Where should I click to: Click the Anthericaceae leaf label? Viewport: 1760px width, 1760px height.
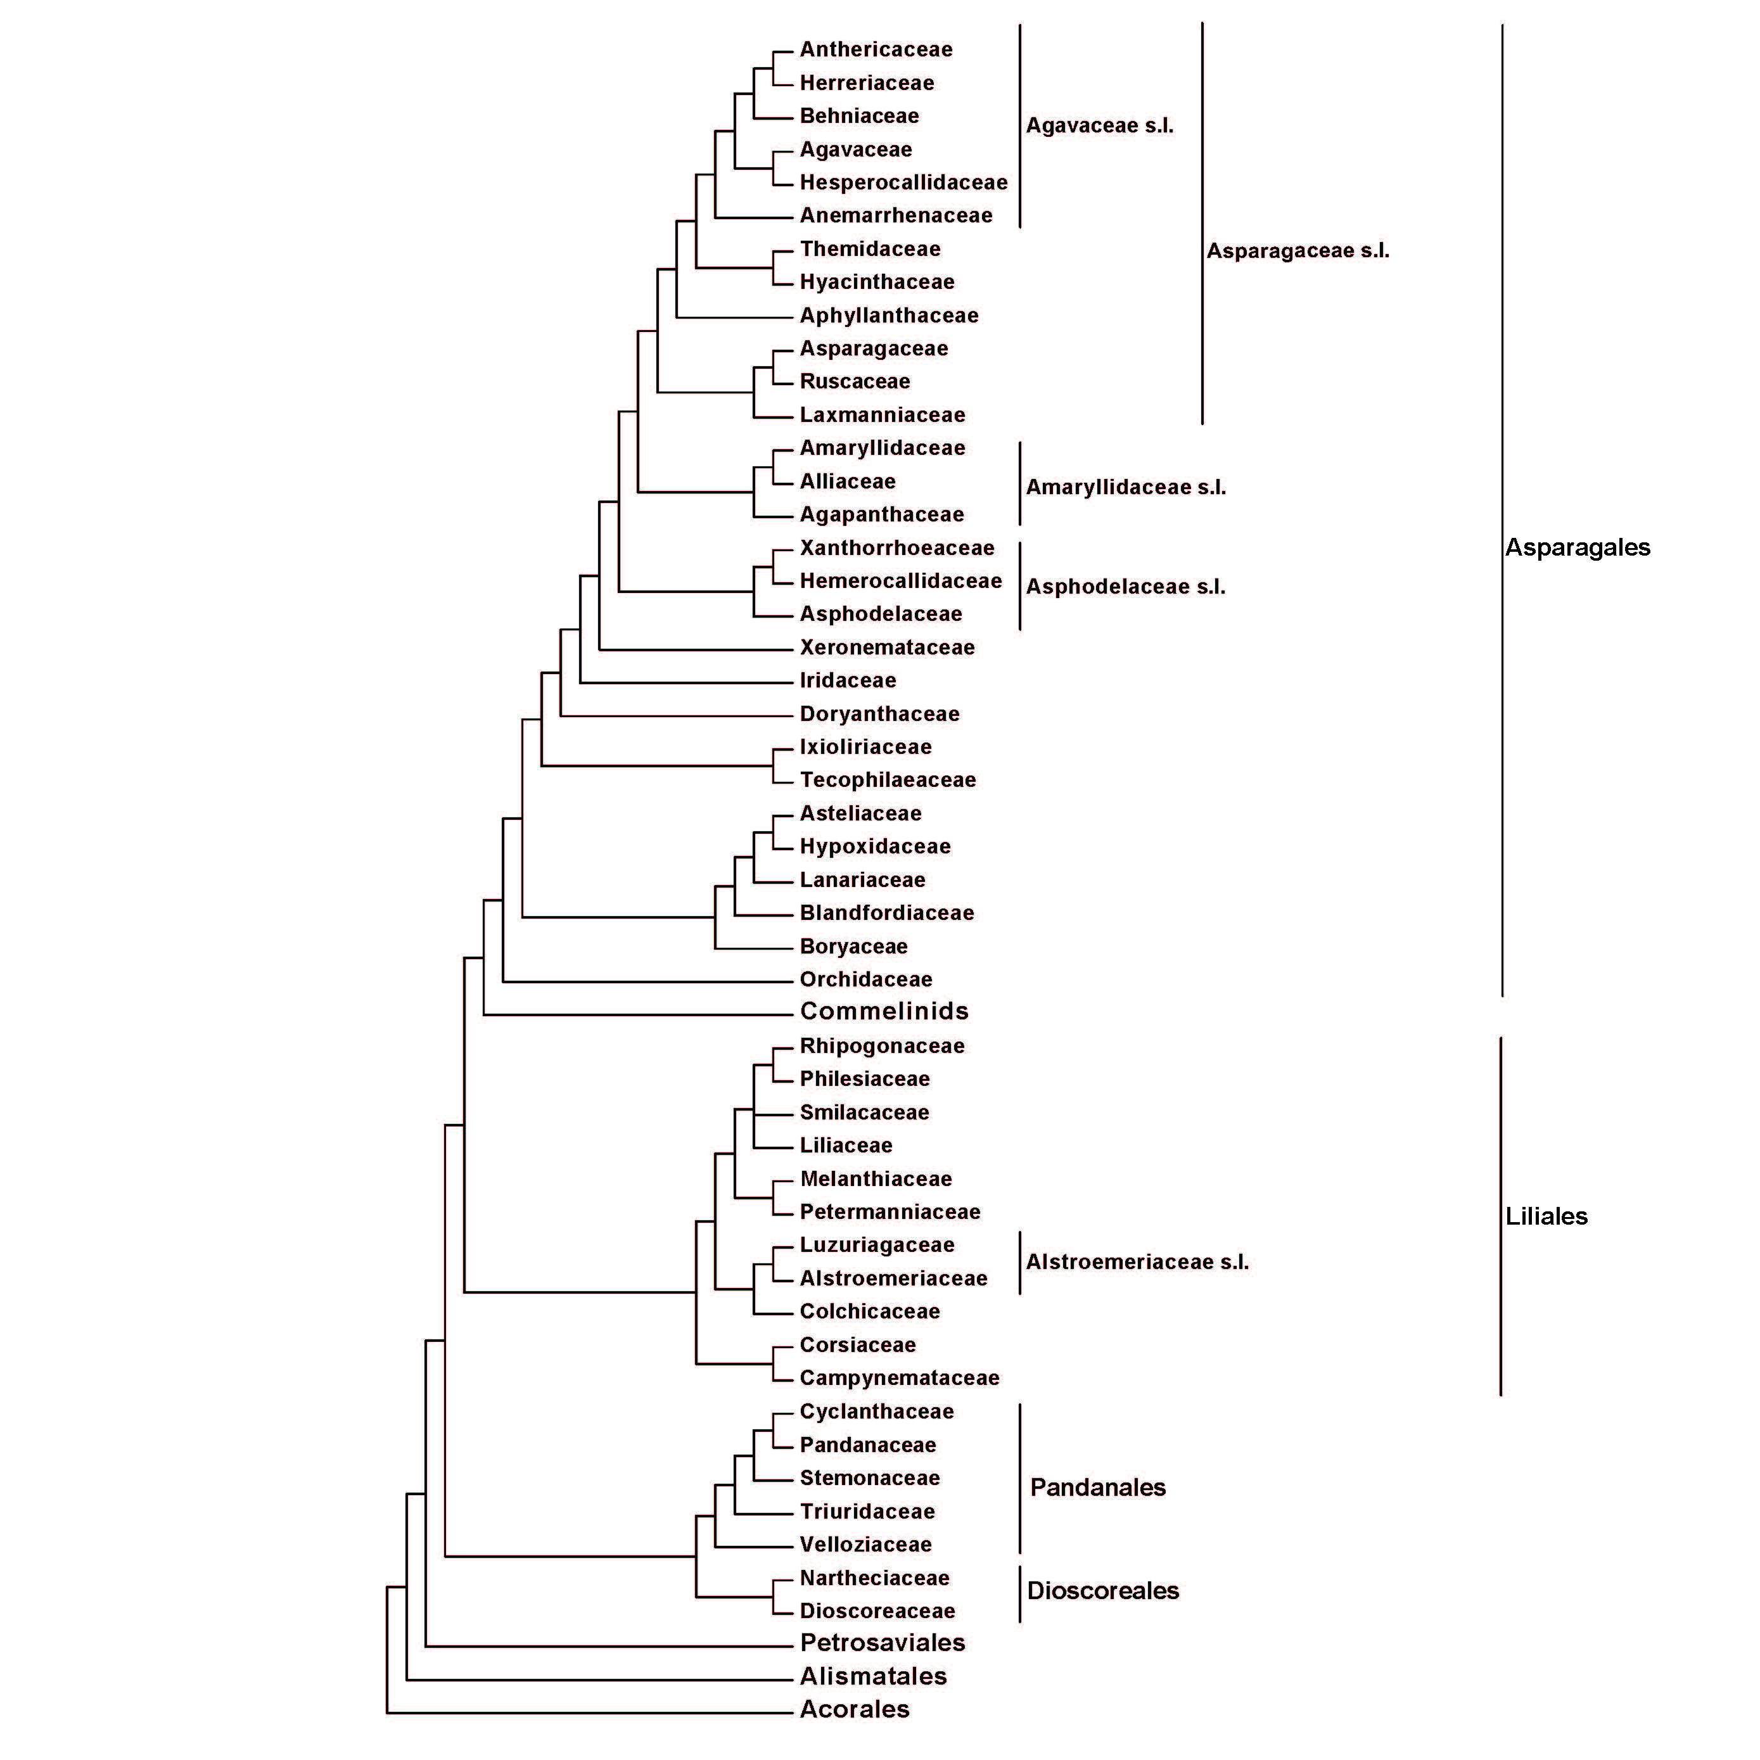pyautogui.click(x=876, y=49)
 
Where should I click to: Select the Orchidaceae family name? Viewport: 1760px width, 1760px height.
pyautogui.click(x=865, y=979)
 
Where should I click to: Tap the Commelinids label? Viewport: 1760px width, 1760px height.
pyautogui.click(x=884, y=1011)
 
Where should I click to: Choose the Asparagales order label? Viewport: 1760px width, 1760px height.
pyautogui.click(x=1577, y=547)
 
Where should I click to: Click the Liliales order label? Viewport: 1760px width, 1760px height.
pyautogui.click(x=1546, y=1216)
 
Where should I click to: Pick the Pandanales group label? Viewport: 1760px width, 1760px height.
pyautogui.click(x=1098, y=1488)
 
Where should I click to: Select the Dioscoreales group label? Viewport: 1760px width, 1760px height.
pyautogui.click(x=1102, y=1591)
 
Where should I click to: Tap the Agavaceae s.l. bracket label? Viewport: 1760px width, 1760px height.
pyautogui.click(x=1100, y=125)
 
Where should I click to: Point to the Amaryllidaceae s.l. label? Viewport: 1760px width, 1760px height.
pyautogui.click(x=1126, y=487)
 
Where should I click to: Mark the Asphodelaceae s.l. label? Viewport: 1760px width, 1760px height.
pyautogui.click(x=1126, y=587)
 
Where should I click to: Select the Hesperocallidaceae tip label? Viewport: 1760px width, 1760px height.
pyautogui.click(x=903, y=182)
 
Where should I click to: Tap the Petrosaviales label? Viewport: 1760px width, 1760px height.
pyautogui.click(x=882, y=1643)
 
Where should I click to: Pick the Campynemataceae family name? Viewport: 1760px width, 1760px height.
pyautogui.click(x=899, y=1379)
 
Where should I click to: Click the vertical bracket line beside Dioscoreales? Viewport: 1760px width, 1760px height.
pyautogui.click(x=1019, y=1594)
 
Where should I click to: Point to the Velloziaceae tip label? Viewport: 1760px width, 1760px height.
pyautogui.click(x=865, y=1545)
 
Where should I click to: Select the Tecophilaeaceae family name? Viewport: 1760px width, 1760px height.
pyautogui.click(x=888, y=780)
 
